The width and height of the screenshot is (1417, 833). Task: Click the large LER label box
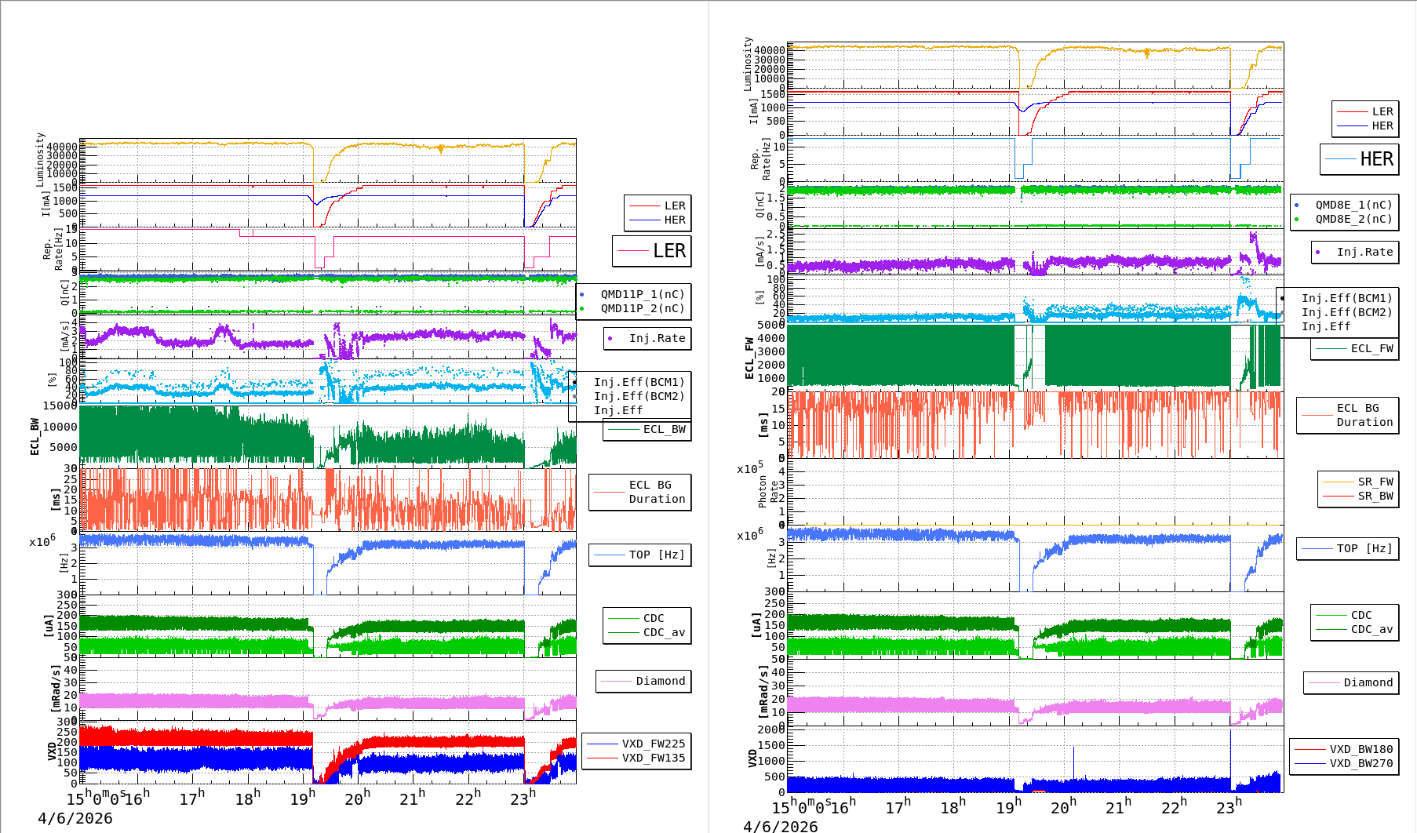pyautogui.click(x=652, y=251)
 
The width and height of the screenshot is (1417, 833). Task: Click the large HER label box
pyautogui.click(x=1360, y=159)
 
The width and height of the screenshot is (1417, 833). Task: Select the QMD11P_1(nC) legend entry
pyautogui.click(x=642, y=294)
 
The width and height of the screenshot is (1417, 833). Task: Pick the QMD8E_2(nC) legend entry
pyautogui.click(x=1353, y=219)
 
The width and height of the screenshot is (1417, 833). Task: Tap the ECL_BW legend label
pyautogui.click(x=664, y=429)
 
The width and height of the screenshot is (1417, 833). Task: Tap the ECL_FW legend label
pyautogui.click(x=1371, y=348)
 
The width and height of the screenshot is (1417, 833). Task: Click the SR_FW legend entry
pyautogui.click(x=1375, y=482)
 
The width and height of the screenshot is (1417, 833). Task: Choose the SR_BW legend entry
pyautogui.click(x=1375, y=496)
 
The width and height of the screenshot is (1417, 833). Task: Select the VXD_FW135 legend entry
pyautogui.click(x=653, y=758)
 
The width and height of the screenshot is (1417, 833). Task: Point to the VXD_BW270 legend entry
pyautogui.click(x=1361, y=763)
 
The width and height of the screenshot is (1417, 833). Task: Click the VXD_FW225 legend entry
pyautogui.click(x=653, y=744)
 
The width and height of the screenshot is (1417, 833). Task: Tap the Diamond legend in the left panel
pyautogui.click(x=660, y=681)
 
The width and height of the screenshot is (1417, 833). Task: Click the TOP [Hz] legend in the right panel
pyautogui.click(x=1364, y=548)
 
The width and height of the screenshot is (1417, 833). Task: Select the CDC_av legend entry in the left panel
pyautogui.click(x=664, y=632)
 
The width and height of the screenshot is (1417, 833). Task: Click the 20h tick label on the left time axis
pyautogui.click(x=357, y=798)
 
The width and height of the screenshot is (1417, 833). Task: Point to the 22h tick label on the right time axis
pyautogui.click(x=1174, y=807)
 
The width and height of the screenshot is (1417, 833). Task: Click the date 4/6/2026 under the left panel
pyautogui.click(x=75, y=818)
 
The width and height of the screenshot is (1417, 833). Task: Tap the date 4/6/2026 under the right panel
pyautogui.click(x=780, y=826)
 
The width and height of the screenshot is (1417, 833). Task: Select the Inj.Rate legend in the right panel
pyautogui.click(x=1364, y=252)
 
